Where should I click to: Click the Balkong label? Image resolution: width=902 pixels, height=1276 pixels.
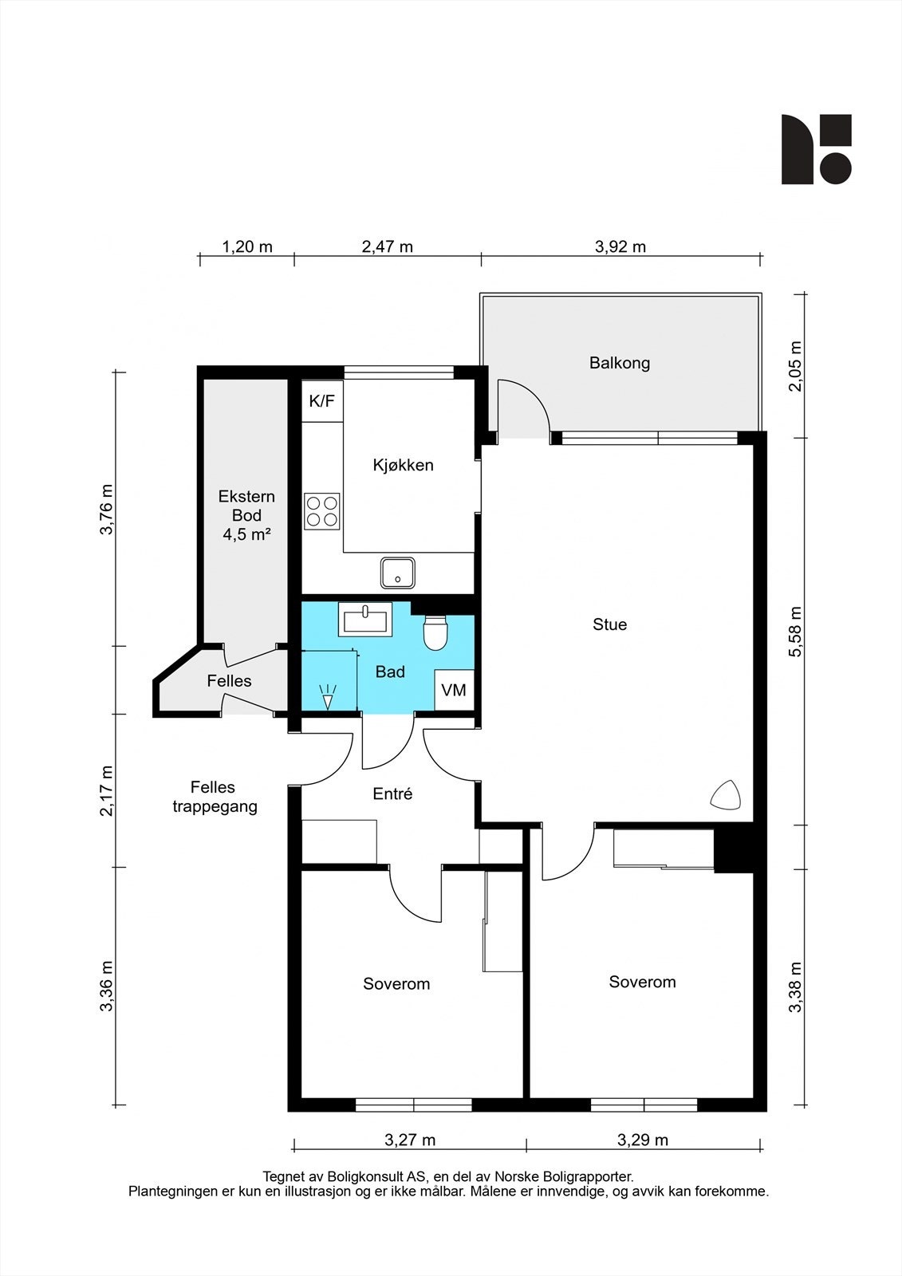620,363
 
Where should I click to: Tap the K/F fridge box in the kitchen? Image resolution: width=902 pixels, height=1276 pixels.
322,401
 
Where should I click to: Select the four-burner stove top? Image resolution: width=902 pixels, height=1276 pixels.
322,511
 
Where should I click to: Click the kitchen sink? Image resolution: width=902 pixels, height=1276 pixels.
398,573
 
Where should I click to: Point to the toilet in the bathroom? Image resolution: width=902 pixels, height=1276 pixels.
436,633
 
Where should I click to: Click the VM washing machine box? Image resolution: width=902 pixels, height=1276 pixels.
454,690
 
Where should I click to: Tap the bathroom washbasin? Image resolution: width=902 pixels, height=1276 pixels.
365,619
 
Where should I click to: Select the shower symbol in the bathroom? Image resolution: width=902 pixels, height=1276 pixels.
328,697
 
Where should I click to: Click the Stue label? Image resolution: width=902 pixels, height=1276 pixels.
609,624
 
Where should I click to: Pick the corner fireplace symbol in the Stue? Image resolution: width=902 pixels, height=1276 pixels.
726,794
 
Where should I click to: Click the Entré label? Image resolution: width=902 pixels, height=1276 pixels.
392,794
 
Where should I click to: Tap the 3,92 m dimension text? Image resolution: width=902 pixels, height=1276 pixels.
620,246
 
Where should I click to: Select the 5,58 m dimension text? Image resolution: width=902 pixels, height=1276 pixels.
795,631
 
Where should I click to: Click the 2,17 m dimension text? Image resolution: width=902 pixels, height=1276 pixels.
107,790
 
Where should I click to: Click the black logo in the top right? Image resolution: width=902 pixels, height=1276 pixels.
817,149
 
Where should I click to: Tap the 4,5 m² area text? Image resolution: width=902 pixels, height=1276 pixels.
246,534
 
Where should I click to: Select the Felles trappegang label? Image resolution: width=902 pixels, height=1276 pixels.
215,797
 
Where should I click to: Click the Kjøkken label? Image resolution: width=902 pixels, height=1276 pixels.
403,465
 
